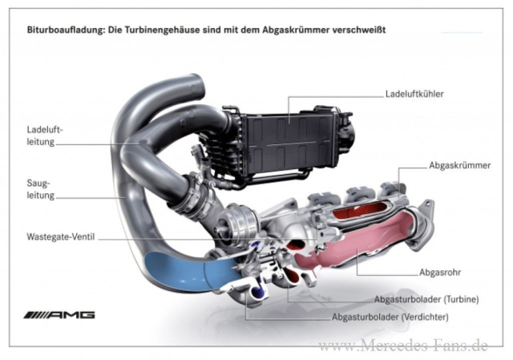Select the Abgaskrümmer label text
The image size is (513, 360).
(454, 166)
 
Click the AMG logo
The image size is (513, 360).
(60, 314)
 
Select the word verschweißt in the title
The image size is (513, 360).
(355, 30)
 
